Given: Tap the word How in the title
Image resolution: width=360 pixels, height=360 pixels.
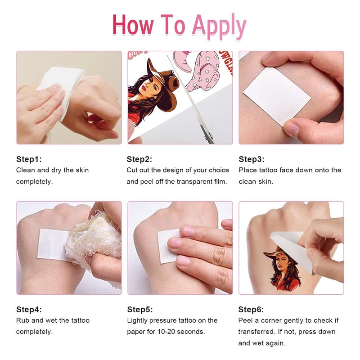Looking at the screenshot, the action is coord(133,25).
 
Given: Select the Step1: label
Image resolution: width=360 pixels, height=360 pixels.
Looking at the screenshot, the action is coord(29,159).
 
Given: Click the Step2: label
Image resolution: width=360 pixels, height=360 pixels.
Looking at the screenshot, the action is coord(139,159).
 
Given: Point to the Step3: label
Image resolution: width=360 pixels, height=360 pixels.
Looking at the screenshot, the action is coord(252,159).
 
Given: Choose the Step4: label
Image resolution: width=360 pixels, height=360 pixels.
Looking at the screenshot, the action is coord(29,310).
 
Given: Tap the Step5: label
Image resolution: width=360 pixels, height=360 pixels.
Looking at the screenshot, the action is coord(140,310).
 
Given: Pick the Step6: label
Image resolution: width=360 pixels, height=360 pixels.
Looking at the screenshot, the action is coord(251,310).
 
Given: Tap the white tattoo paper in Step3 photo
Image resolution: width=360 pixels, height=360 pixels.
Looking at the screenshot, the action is coord(277,96).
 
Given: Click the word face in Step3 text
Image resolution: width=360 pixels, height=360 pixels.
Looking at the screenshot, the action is coord(285,170).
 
